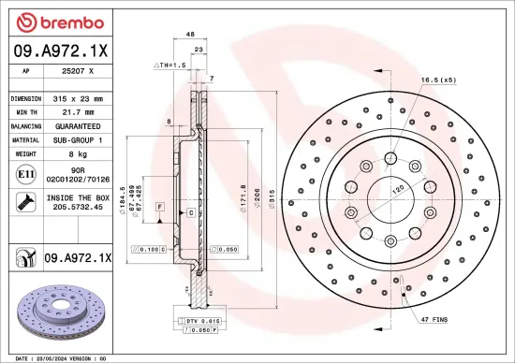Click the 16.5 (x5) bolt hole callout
click(438, 80)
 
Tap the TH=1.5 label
click(171, 66)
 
